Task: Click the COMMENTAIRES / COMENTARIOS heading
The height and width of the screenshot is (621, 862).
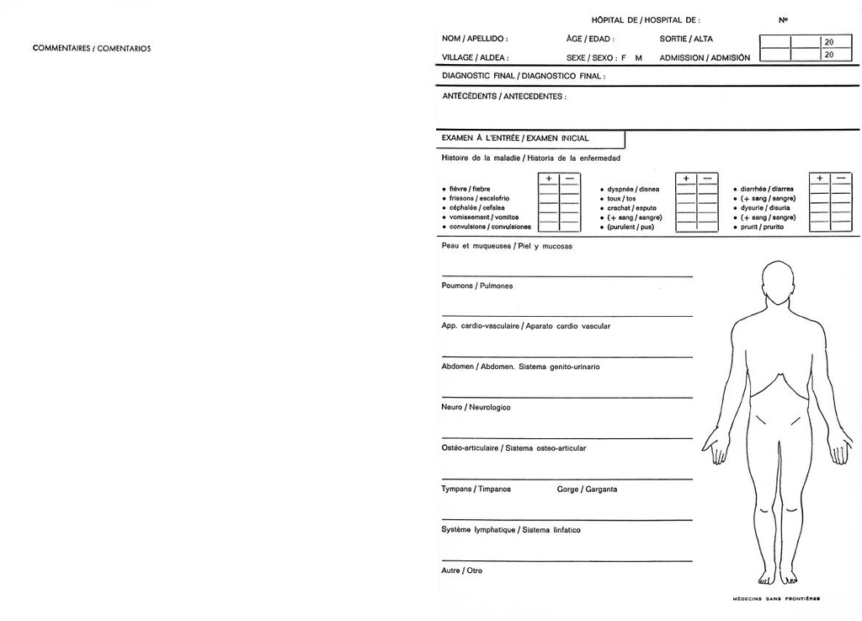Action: tap(92, 48)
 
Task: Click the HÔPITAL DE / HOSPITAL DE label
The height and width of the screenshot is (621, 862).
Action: tap(645, 19)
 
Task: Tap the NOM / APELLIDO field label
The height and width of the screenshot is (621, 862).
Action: tap(475, 39)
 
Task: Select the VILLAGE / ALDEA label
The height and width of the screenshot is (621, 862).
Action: tap(475, 58)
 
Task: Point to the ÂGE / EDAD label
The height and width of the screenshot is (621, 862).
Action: tap(590, 39)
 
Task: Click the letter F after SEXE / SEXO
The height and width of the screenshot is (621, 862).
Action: tap(624, 58)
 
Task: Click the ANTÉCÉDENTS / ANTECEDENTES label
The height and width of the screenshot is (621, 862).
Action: tap(504, 96)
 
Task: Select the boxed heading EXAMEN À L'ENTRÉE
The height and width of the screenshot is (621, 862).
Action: tap(515, 138)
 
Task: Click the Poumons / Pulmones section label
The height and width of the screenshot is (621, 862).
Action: tap(477, 286)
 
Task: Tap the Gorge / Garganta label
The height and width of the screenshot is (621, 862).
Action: tap(587, 489)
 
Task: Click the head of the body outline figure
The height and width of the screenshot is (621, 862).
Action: tap(777, 281)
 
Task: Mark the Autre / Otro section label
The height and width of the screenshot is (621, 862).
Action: tap(462, 570)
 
